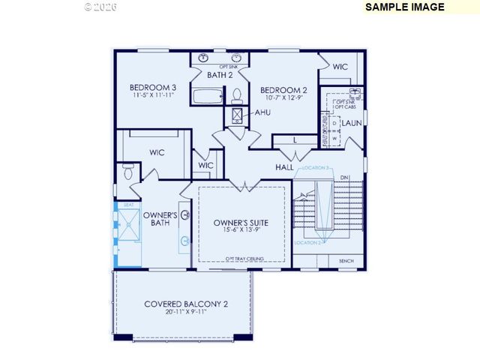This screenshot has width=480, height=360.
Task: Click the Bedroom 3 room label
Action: [x=153, y=85]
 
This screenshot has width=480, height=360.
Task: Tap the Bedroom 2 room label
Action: [x=283, y=89]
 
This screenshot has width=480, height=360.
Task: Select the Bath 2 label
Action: [x=220, y=75]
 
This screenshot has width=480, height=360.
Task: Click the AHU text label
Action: [x=262, y=112]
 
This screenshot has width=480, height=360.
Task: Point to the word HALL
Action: [x=284, y=167]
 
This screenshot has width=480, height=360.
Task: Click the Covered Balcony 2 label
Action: [x=185, y=304]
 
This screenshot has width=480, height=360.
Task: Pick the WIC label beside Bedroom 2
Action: [x=340, y=67]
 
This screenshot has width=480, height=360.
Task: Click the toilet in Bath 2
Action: [x=237, y=95]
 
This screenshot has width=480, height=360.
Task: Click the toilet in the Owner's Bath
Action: [x=128, y=172]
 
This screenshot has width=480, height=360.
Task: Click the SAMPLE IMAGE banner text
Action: [x=404, y=7]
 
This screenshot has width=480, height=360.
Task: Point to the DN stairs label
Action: [x=344, y=178]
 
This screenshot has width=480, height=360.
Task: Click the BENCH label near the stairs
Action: [x=346, y=261]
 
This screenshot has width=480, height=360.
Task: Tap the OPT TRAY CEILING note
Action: [x=241, y=257]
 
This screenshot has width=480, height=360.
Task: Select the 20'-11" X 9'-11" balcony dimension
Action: [x=185, y=312]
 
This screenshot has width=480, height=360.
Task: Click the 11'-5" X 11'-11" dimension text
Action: [x=153, y=95]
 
